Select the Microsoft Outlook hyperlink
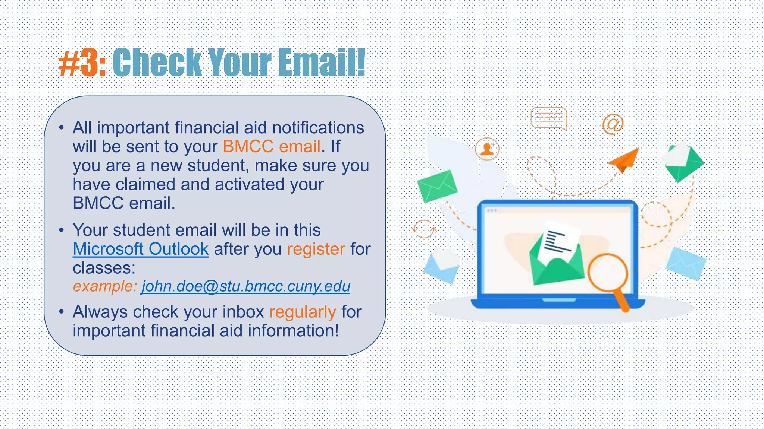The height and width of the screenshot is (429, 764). point(141,249)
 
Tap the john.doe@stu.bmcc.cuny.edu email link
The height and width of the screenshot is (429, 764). point(245,286)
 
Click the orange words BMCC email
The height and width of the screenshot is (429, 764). point(272,146)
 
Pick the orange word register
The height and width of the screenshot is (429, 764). point(316,249)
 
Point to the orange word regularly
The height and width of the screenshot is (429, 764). point(303,312)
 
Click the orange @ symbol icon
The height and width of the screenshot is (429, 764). point(613,124)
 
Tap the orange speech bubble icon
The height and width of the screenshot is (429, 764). point(548,118)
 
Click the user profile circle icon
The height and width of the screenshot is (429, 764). point(487,149)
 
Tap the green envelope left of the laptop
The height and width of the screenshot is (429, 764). point(437,186)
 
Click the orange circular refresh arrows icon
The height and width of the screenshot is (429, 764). point(424,229)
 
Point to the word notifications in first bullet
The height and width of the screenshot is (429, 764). point(318,128)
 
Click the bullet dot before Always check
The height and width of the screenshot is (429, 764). point(62,312)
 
